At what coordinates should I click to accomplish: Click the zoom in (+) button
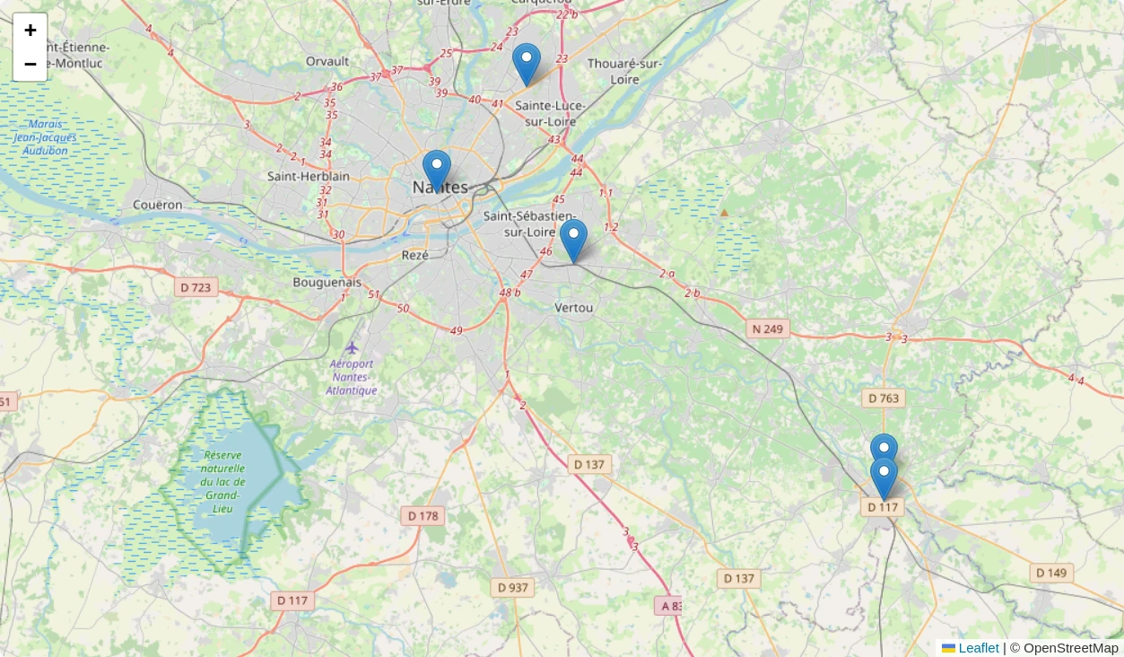30,31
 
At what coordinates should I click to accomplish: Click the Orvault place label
327,61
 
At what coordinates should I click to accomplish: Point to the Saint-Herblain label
309,176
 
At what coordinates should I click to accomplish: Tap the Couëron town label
157,205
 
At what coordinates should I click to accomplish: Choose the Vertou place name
574,308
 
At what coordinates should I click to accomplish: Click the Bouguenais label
327,282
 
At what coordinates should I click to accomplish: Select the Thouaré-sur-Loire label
625,71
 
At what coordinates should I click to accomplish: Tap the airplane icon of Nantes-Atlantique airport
352,347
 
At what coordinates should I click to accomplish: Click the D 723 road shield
196,287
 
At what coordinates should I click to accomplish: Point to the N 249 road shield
767,328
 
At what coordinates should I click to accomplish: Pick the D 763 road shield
884,398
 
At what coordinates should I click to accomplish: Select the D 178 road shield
423,515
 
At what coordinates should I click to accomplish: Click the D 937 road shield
513,587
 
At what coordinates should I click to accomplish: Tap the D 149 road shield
1051,573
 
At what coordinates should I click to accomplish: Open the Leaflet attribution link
978,648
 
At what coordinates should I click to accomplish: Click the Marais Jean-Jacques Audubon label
46,137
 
